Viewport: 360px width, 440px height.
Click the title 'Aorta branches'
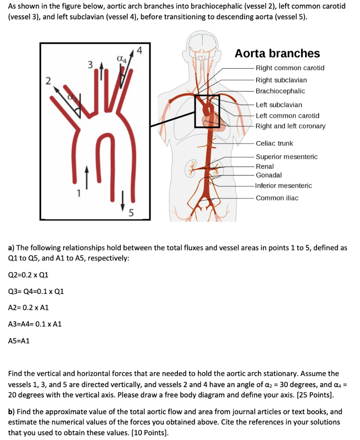(x=277, y=53)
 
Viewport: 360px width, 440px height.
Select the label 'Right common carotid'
(x=290, y=68)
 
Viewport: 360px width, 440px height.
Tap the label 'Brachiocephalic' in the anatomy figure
(x=280, y=91)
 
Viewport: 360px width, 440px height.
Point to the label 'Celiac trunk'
(x=274, y=143)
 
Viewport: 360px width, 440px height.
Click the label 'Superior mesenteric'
(x=286, y=157)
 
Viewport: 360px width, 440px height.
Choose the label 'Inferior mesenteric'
(x=283, y=186)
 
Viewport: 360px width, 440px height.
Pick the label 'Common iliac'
(x=277, y=198)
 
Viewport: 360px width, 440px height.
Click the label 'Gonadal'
(x=269, y=175)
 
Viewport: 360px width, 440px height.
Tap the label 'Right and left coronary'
(x=290, y=126)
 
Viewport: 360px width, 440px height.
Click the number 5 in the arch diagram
(x=131, y=212)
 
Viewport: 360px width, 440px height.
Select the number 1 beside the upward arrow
(x=78, y=192)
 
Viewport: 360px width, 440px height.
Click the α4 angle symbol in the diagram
(x=121, y=59)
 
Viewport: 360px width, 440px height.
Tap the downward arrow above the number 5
(x=123, y=199)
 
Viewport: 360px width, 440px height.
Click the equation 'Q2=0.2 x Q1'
(x=28, y=275)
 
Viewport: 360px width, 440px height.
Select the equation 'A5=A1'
(x=19, y=341)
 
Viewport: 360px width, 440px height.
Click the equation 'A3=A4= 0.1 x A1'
(x=35, y=324)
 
